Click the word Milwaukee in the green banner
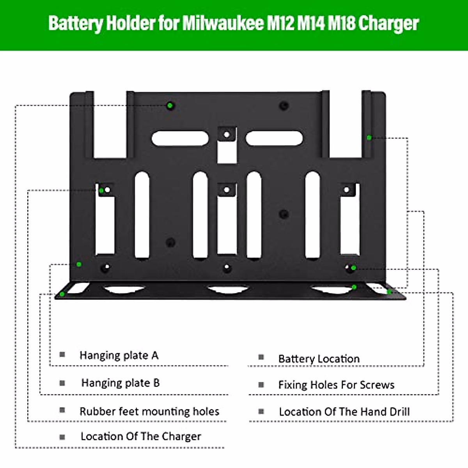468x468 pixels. (223, 23)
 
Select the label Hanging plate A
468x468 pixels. (119, 355)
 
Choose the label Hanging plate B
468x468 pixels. (121, 383)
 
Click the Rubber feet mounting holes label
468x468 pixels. (149, 411)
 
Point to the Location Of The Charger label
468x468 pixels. (141, 436)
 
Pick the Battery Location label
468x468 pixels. (319, 359)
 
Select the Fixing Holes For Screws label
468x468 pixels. (336, 385)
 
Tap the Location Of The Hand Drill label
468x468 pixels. (344, 412)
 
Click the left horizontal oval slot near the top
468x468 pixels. (180, 138)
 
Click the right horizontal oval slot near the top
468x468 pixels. (274, 138)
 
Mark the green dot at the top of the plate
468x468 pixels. (170, 105)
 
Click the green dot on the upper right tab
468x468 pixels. (369, 137)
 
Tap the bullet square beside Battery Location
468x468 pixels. (261, 357)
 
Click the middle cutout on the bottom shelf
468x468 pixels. (228, 289)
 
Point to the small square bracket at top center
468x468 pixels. (227, 135)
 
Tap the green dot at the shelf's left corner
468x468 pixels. (62, 294)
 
